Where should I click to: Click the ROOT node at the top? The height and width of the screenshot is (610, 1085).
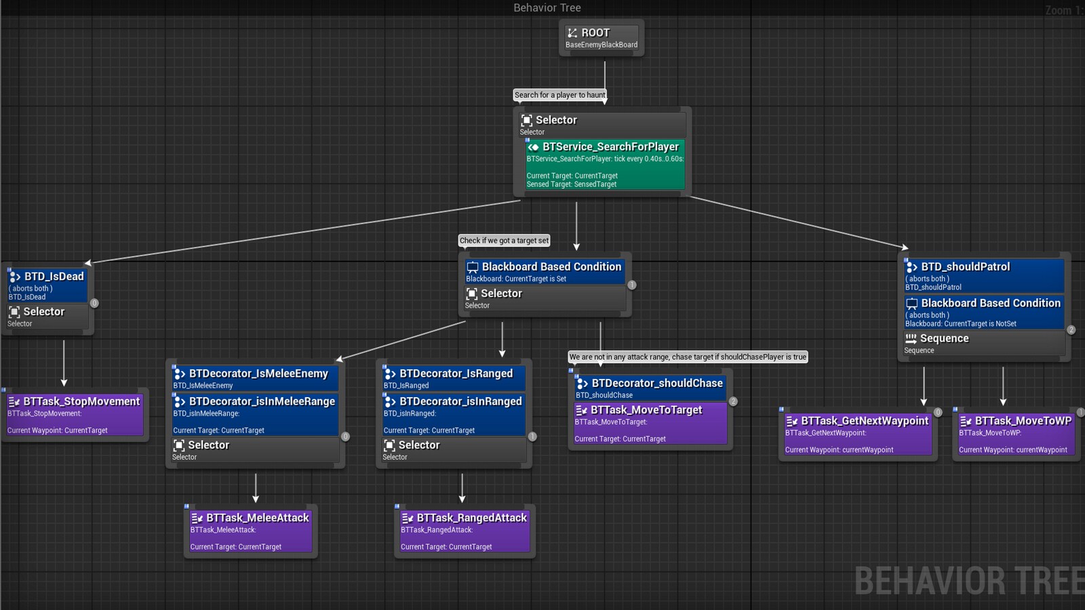pyautogui.click(x=601, y=37)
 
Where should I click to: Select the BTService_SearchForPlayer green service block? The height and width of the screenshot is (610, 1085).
pyautogui.click(x=605, y=164)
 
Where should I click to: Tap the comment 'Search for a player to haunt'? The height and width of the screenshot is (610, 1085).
pyautogui.click(x=559, y=95)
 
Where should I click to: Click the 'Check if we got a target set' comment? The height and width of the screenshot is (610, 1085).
pyautogui.click(x=504, y=241)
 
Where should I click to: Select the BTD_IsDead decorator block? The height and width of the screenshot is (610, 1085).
pyautogui.click(x=47, y=285)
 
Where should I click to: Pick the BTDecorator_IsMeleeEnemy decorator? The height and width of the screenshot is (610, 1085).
pyautogui.click(x=255, y=378)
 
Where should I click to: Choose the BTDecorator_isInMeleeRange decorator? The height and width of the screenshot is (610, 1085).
pyautogui.click(x=255, y=414)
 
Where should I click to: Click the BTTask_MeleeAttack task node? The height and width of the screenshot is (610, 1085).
pyautogui.click(x=250, y=531)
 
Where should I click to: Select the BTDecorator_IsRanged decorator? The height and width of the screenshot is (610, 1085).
pyautogui.click(x=454, y=378)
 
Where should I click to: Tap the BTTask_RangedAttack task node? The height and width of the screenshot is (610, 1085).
pyautogui.click(x=465, y=531)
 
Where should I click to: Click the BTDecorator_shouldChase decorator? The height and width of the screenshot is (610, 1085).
pyautogui.click(x=650, y=388)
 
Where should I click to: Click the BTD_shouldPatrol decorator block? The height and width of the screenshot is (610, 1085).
pyautogui.click(x=983, y=276)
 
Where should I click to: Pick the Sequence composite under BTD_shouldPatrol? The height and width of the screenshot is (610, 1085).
pyautogui.click(x=983, y=344)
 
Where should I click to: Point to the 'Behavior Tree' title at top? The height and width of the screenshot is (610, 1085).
pyautogui.click(x=547, y=8)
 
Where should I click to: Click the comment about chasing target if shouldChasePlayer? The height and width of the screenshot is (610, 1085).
pyautogui.click(x=688, y=357)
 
